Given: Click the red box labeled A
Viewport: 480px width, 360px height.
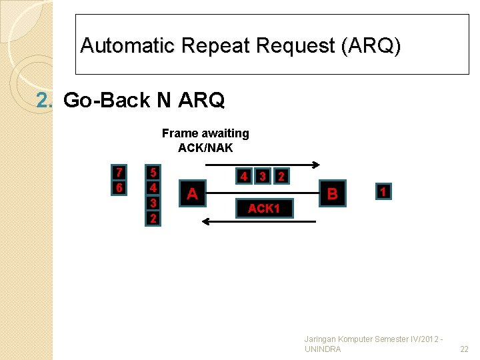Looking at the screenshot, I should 192,193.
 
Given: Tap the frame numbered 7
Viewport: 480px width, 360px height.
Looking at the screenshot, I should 119,173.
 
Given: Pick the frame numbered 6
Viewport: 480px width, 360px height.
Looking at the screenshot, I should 119,188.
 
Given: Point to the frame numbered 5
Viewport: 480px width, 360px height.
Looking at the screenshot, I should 153,173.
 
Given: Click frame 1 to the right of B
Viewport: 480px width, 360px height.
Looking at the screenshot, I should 383,191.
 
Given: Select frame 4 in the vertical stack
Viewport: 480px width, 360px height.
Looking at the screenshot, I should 153,188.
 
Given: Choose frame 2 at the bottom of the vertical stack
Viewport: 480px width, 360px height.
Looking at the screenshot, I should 153,218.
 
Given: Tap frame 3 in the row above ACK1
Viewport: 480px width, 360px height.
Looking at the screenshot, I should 263,177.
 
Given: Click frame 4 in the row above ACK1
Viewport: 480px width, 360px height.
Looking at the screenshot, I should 245,177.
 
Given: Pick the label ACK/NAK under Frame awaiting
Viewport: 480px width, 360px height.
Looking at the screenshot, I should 205,148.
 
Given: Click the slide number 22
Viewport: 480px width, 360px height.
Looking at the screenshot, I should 465,349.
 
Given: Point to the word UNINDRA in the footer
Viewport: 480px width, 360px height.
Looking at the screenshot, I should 322,349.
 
